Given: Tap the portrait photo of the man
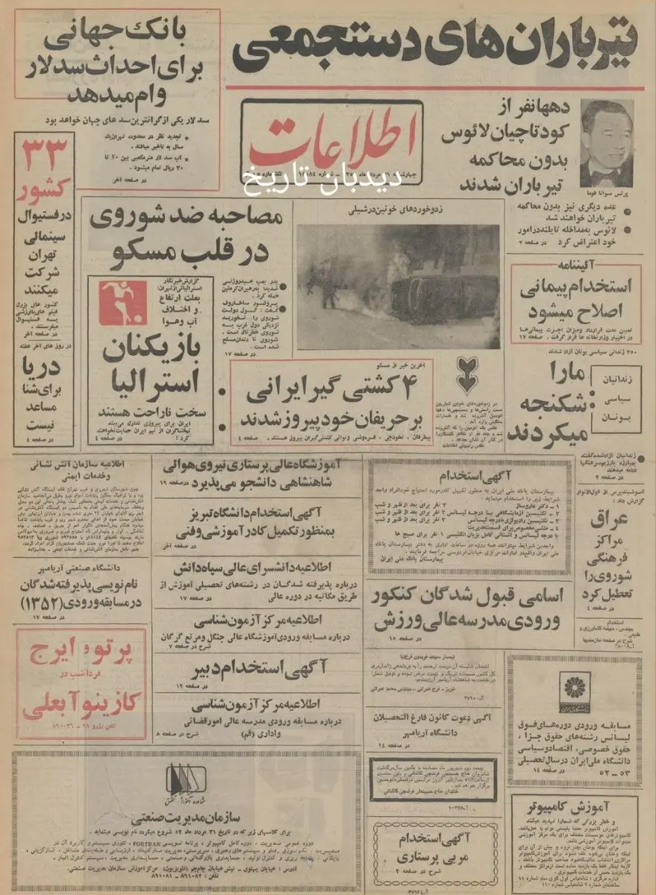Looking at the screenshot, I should pyautogui.click(x=606, y=142).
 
